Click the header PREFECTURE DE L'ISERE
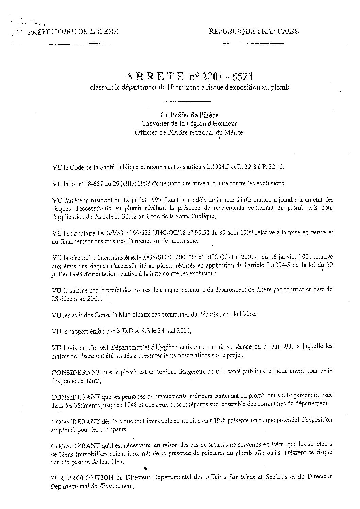point(73,32)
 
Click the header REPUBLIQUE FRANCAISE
point(254,31)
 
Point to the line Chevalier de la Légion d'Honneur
point(189,124)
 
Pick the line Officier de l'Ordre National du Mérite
point(189,132)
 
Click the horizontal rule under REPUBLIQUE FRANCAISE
point(253,44)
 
